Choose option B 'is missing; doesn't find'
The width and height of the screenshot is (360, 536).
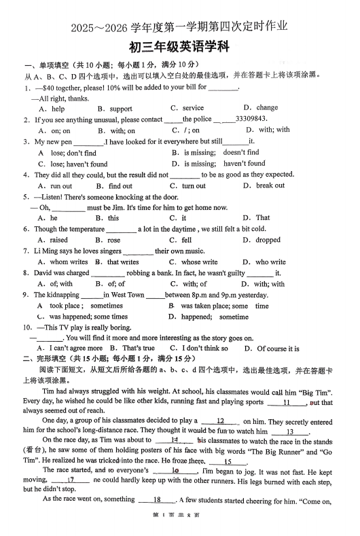(215, 153)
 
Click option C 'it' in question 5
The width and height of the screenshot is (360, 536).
(179, 218)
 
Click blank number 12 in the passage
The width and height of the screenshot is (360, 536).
(220, 421)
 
